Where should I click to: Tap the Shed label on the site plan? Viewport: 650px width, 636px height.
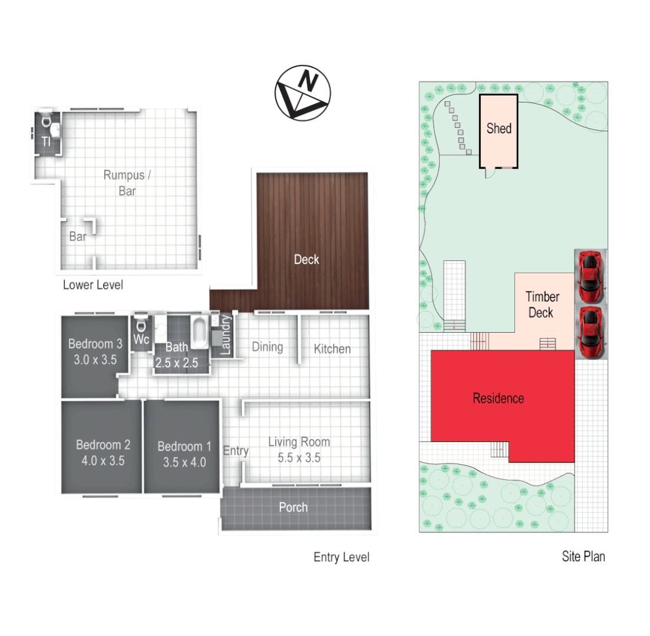(499, 128)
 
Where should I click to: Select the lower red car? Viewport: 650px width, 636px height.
(589, 332)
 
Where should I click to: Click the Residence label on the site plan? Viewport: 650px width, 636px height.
(498, 399)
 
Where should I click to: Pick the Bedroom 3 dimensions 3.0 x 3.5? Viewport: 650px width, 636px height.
(95, 360)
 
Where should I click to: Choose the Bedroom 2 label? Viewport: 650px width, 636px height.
(103, 445)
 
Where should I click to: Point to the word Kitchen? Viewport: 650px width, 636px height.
(332, 349)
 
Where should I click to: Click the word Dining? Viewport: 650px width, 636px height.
(268, 347)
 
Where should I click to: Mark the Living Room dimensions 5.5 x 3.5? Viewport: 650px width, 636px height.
(299, 458)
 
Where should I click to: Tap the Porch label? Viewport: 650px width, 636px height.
(293, 507)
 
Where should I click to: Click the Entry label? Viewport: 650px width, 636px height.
(236, 451)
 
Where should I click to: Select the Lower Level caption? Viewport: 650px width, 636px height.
(93, 286)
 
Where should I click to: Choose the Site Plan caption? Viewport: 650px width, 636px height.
(583, 556)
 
